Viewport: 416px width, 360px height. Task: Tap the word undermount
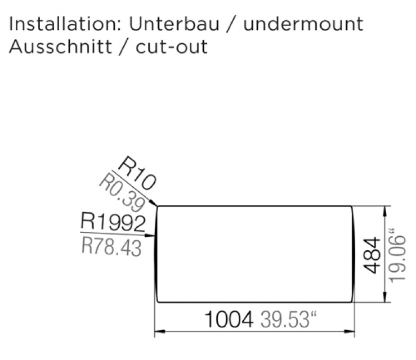click(303, 24)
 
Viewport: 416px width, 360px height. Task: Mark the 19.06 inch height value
click(397, 255)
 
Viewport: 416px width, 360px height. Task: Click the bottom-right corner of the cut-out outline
click(352, 301)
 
